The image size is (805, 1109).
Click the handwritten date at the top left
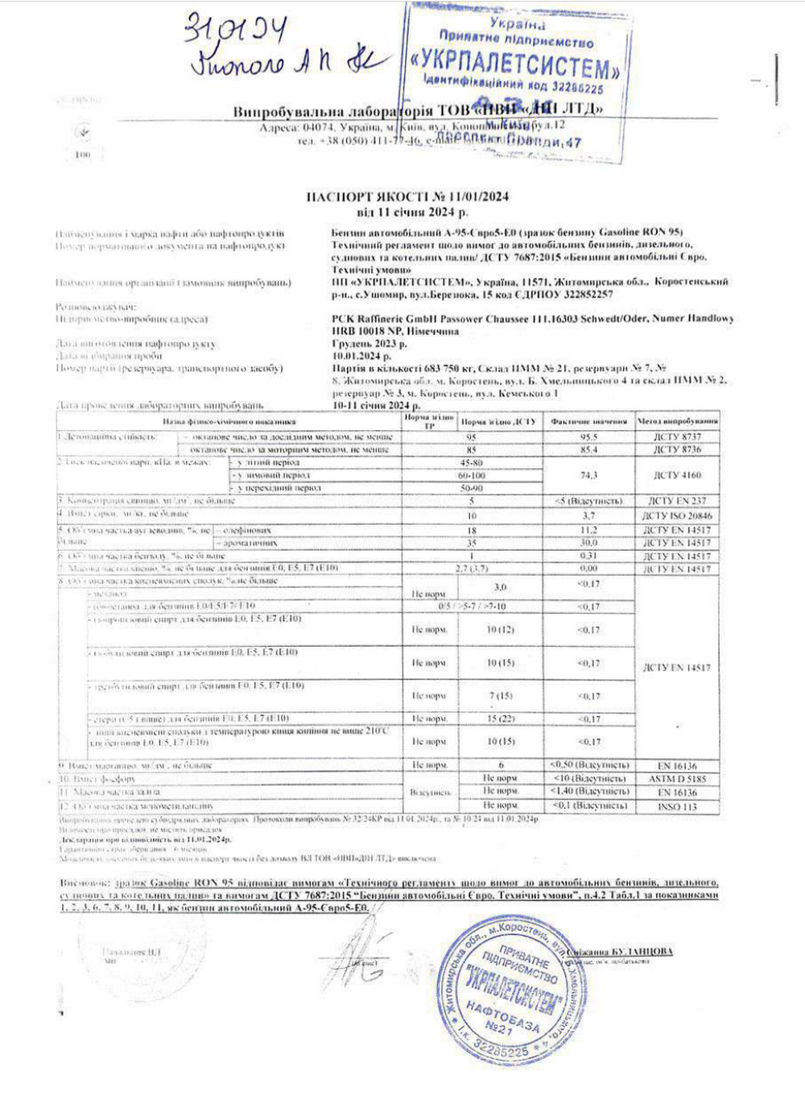tap(234, 31)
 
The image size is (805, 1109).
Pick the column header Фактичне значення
tap(588, 421)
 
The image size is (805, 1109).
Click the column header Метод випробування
tap(677, 421)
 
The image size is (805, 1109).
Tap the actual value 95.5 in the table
tap(588, 437)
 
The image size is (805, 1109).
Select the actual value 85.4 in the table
tap(588, 449)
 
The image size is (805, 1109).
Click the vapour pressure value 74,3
tap(588, 475)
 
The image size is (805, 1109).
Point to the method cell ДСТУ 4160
tap(677, 475)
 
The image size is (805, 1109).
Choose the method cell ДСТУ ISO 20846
tap(677, 515)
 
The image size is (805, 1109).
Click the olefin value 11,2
tap(588, 530)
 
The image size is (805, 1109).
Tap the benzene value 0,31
tap(588, 556)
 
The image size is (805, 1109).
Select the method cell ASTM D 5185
tap(677, 779)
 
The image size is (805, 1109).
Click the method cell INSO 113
tap(677, 805)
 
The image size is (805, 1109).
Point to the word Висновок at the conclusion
tap(84, 883)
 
